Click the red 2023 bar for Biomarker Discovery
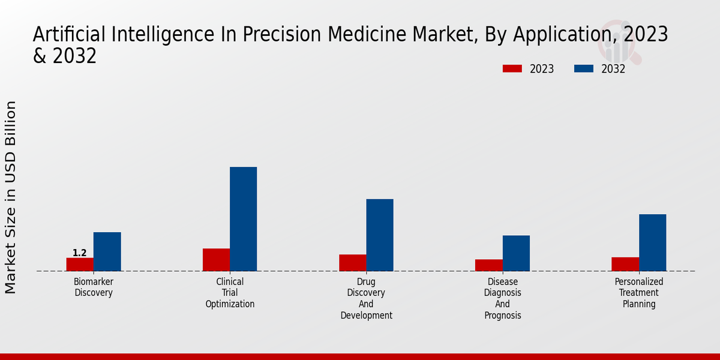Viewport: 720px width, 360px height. click(x=80, y=265)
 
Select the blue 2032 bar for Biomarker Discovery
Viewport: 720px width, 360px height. click(x=107, y=251)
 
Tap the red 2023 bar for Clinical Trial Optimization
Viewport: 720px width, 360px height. click(x=216, y=260)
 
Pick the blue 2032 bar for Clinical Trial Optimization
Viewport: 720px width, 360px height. click(x=243, y=219)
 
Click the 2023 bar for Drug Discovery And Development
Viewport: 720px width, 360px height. click(x=352, y=263)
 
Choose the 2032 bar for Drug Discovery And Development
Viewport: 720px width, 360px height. click(x=380, y=235)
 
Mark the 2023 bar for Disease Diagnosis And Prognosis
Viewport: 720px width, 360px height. click(x=488, y=265)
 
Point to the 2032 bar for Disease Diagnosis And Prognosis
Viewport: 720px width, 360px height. click(x=516, y=253)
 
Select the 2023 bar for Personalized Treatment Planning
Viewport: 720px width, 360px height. click(x=625, y=264)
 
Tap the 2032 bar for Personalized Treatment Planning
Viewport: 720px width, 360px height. click(x=652, y=242)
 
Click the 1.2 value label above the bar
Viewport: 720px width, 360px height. click(x=80, y=253)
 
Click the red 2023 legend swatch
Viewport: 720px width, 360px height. click(x=512, y=68)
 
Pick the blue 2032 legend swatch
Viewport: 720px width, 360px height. click(x=583, y=68)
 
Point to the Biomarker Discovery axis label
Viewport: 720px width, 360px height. click(x=94, y=287)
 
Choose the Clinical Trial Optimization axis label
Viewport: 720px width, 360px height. click(x=230, y=293)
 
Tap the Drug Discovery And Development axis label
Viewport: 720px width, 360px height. click(x=366, y=298)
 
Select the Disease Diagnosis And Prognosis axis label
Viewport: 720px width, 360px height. click(x=503, y=298)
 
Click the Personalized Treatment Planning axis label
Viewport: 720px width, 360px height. click(x=639, y=293)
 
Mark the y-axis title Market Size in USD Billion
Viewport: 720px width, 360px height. click(x=11, y=197)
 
